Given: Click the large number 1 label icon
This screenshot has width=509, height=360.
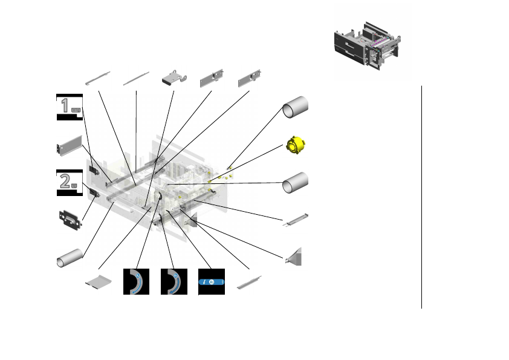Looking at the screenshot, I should tap(70, 107).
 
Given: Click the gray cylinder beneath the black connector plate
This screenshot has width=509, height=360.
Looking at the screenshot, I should tap(70, 257).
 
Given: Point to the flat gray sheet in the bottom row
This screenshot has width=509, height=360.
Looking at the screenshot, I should tap(99, 282).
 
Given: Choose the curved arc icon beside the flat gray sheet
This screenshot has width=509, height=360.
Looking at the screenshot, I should tap(136, 281).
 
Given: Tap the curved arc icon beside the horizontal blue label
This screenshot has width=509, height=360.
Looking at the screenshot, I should tap(173, 281).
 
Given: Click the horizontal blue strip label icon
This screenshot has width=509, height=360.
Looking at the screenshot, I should tap(211, 282).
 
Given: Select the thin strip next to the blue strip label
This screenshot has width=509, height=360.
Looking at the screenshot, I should tap(249, 282).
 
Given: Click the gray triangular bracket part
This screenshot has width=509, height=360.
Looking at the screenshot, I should tap(295, 257).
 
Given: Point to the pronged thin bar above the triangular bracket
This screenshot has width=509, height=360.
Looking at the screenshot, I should tap(297, 220).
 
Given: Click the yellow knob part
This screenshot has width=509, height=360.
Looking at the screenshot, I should tap(296, 145).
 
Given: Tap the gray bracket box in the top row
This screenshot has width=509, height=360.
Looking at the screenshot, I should tap(174, 78).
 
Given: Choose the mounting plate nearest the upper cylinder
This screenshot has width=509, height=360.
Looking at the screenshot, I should tap(250, 78).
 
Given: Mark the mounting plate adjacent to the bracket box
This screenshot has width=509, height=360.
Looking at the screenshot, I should tap(212, 78).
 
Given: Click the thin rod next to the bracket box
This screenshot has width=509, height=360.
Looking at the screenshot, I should tap(136, 78).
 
